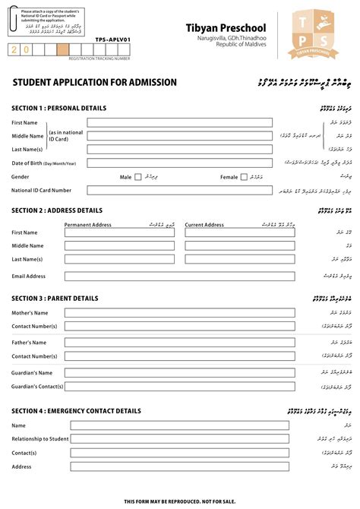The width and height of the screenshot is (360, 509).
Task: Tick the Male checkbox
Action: pos(138,177)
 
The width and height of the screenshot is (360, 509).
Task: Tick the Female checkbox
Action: pos(244,177)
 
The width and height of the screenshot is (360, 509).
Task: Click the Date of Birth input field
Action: pos(178,163)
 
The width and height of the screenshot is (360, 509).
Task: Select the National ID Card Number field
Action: pos(178,191)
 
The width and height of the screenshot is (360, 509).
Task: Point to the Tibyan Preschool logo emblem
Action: pos(314,36)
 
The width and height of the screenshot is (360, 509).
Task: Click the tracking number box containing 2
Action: pos(14,49)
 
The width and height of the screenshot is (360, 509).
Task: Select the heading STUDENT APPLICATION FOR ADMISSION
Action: pos(94,82)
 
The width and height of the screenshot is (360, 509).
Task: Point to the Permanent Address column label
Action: pos(88,225)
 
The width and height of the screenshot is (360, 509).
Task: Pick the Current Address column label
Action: pos(205,225)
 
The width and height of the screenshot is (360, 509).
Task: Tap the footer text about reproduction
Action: pos(180,501)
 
